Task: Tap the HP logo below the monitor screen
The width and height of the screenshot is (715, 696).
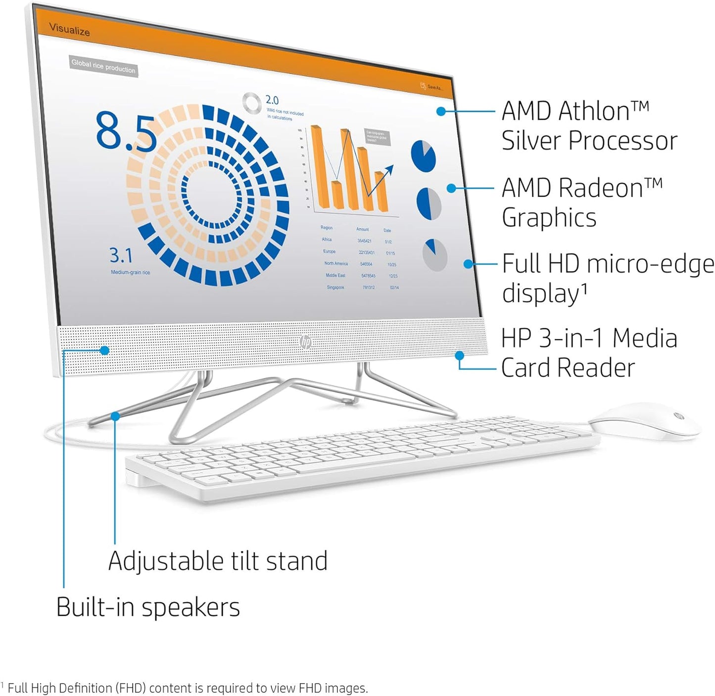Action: coord(305,342)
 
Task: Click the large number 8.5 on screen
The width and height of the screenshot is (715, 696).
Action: coord(126,131)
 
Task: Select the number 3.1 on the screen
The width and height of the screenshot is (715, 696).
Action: coord(121,255)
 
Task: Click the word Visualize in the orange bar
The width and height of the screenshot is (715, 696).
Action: coord(70,30)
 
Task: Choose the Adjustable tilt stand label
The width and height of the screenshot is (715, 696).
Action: coord(218,561)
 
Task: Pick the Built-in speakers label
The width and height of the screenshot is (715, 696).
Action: coord(148,607)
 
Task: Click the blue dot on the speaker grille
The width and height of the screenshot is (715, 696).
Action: coord(104,350)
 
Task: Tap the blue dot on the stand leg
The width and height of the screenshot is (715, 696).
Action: coord(115,416)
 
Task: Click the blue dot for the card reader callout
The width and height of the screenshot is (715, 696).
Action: coord(459,355)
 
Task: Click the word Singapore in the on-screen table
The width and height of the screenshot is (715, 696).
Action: coord(335,287)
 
